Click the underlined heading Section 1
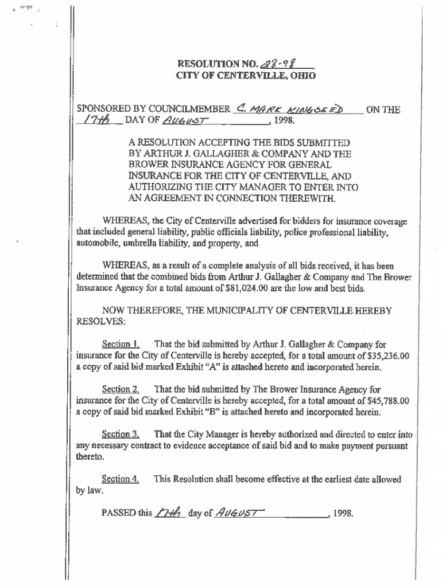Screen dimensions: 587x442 121,345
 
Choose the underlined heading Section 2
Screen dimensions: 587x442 121,390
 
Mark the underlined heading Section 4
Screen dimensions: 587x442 121,479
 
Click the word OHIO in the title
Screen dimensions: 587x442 301,76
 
